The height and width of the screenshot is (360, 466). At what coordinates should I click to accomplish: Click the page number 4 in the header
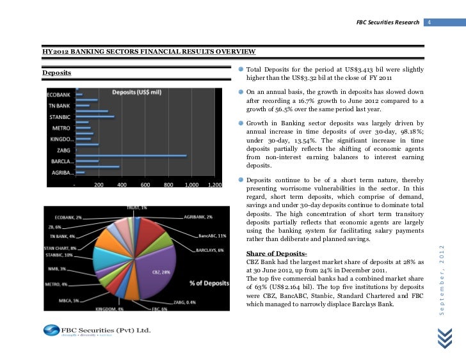pos(430,23)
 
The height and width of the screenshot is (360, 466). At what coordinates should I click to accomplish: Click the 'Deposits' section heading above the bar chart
pos(56,73)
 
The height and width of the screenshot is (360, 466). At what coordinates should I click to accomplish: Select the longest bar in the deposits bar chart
pos(131,155)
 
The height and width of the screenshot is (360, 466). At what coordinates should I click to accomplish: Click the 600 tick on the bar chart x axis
pos(145,185)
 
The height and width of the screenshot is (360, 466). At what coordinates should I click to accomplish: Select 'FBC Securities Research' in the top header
pos(387,23)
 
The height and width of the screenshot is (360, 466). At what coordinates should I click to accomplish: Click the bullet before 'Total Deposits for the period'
pos(241,69)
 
